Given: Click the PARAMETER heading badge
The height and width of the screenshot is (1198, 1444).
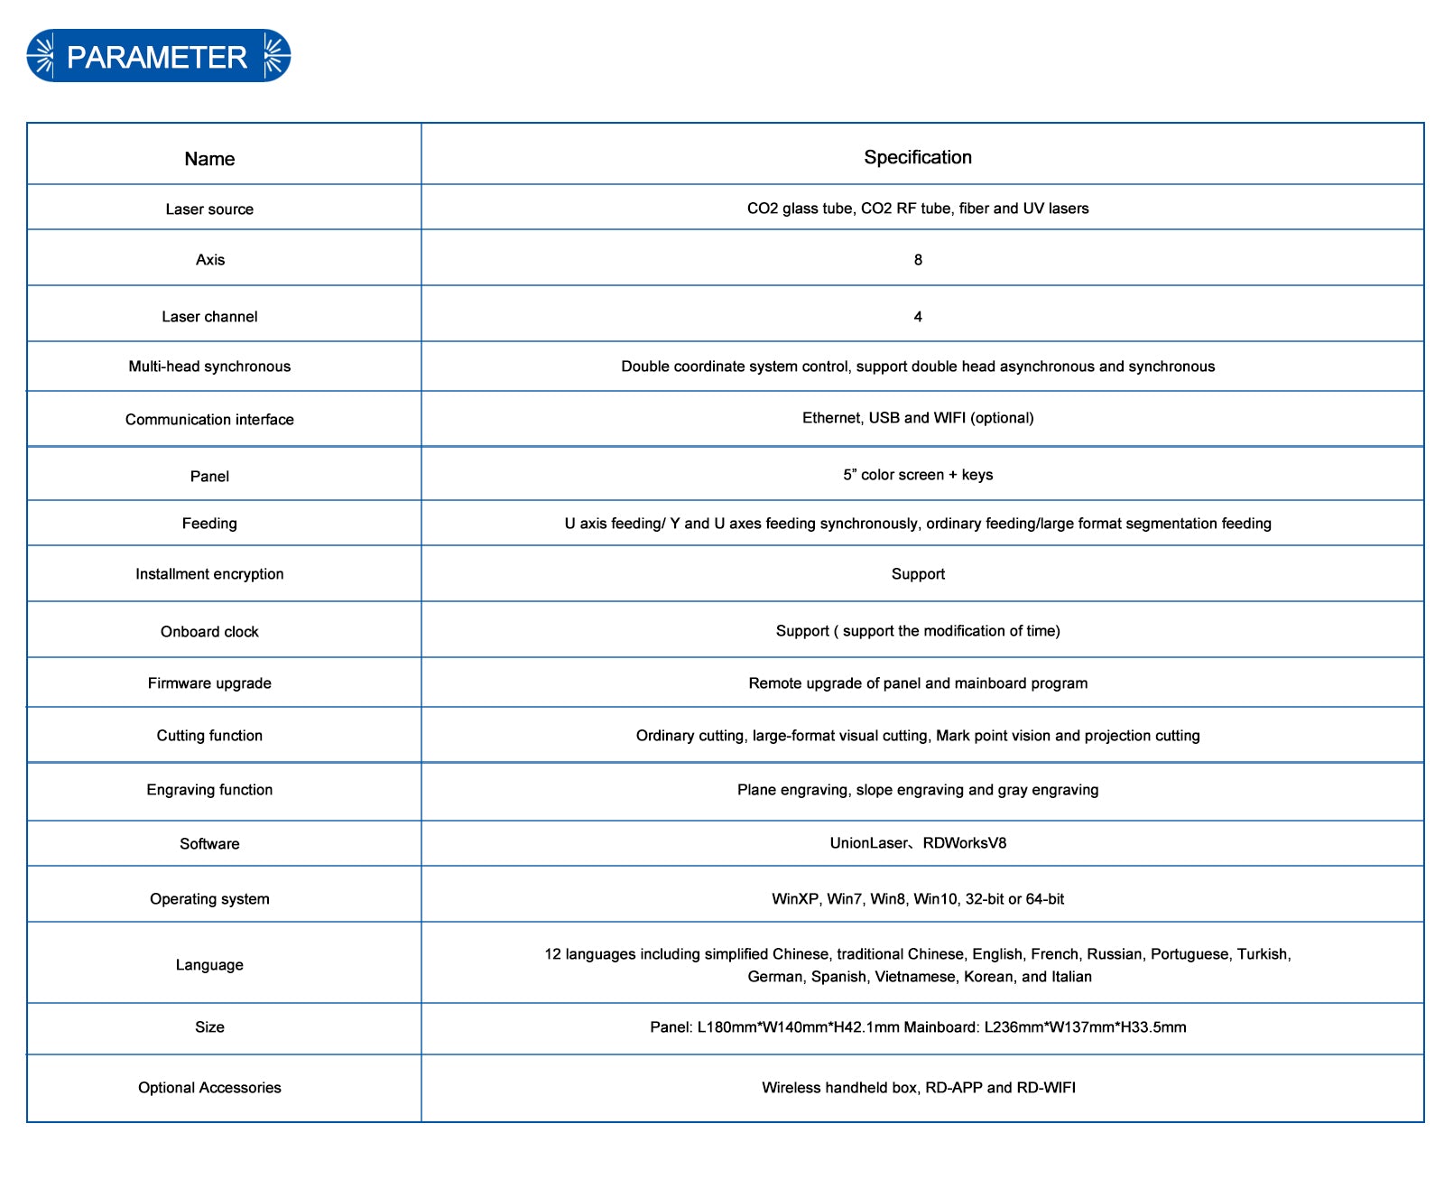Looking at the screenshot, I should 158,57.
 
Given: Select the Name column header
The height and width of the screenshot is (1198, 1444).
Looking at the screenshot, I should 209,159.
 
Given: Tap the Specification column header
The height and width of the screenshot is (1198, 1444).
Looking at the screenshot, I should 918,157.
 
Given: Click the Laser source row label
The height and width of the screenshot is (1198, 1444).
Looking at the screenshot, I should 209,209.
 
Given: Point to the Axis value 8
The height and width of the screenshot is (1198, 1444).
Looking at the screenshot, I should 918,260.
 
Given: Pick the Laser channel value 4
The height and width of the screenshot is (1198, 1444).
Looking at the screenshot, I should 918,317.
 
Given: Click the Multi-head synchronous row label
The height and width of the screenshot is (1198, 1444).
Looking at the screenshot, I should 209,367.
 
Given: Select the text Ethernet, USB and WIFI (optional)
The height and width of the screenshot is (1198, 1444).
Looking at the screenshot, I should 918,418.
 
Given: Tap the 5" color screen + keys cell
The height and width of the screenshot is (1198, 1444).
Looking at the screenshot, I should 918,475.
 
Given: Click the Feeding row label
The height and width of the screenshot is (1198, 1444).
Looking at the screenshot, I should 209,524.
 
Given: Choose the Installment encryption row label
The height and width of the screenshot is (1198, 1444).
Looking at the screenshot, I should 209,574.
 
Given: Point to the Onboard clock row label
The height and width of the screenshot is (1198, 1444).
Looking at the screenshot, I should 209,632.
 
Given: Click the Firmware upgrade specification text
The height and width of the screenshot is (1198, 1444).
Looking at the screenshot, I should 918,683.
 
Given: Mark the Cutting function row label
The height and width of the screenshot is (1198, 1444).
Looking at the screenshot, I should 209,736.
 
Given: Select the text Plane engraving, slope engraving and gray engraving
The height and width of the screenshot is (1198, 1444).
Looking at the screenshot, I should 918,790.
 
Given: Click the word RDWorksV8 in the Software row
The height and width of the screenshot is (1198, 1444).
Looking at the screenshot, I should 964,843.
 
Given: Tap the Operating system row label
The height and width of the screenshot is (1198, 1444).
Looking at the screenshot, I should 209,899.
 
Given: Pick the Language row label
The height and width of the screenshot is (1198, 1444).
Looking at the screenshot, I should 209,965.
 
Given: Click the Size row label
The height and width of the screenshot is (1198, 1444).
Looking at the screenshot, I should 209,1027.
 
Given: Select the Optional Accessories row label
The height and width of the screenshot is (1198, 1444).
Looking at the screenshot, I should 209,1088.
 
